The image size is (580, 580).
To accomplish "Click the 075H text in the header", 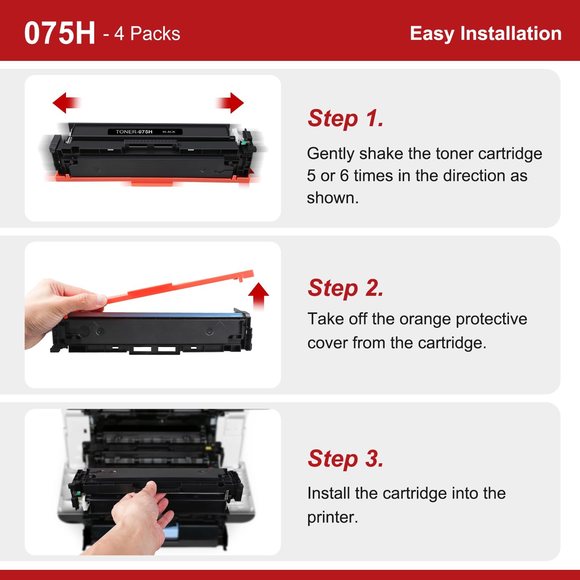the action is [x=60, y=33].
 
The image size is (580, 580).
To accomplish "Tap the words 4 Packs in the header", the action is [x=147, y=34].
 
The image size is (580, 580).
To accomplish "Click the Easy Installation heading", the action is [x=486, y=33].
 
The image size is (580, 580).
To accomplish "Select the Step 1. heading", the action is [x=345, y=118].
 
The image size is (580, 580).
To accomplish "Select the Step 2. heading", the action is [x=345, y=288].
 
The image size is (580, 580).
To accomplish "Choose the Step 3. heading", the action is [x=345, y=458].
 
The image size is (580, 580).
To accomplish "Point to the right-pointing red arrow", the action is [x=230, y=103].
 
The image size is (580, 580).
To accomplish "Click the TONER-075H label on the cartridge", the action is [x=134, y=132].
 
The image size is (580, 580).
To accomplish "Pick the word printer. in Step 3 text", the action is [x=332, y=518].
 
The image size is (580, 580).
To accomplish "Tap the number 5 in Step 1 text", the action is [x=311, y=176].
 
